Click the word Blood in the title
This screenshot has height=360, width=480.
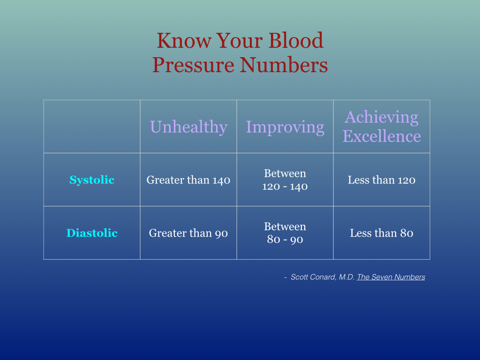point(296,40)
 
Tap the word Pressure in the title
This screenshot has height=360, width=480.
point(193,65)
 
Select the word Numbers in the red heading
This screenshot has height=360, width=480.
point(284,65)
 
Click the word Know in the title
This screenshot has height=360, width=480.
point(184,40)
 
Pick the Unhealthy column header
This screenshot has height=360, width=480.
point(188,127)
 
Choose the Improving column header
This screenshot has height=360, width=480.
point(285,127)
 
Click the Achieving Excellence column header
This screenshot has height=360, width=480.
point(382,126)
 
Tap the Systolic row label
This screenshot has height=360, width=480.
point(92,180)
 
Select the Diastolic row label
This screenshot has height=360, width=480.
point(92,233)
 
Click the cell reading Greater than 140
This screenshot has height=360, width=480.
point(188,180)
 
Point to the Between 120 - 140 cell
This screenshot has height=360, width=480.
point(285,180)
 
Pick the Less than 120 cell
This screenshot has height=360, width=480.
point(382,180)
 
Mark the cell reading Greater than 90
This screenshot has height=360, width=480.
point(188,233)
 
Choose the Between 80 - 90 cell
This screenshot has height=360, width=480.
point(285,233)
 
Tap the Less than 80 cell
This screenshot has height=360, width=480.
point(382,233)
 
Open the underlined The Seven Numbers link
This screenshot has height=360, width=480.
point(391,277)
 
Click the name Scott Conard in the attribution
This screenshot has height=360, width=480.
point(313,277)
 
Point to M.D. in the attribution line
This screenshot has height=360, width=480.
point(346,277)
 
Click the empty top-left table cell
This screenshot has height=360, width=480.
point(92,127)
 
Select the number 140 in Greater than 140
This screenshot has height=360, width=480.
point(221,180)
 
